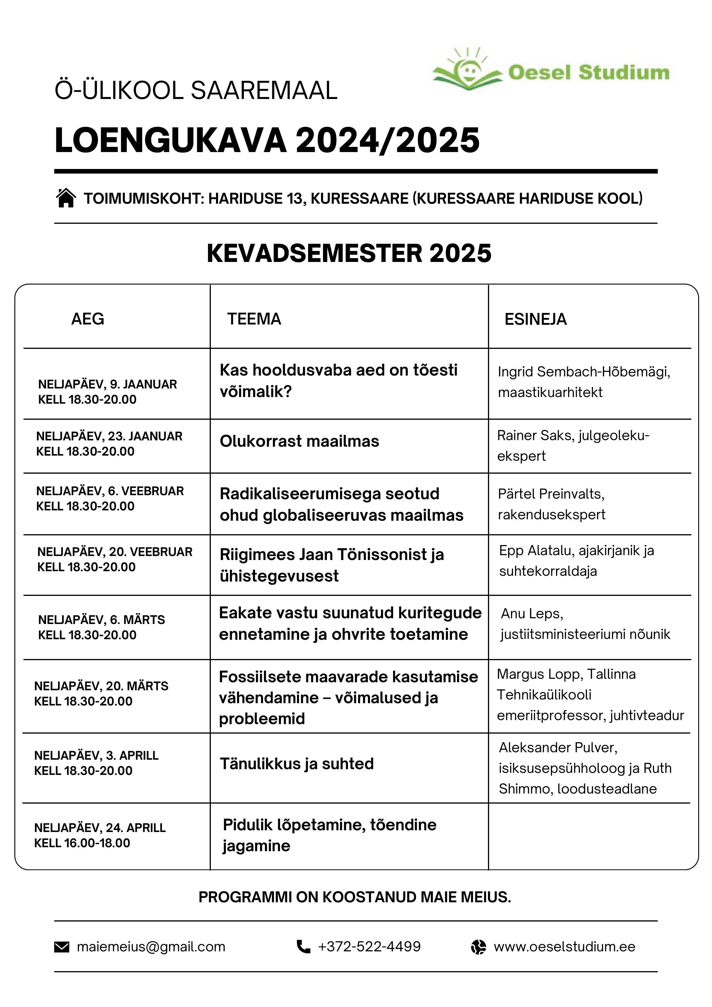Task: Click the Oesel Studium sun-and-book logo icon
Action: tap(467, 70)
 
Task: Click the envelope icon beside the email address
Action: tap(61, 947)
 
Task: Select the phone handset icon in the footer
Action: tap(304, 946)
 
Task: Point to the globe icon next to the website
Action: tap(478, 947)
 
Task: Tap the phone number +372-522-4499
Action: tap(369, 946)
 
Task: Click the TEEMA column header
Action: tap(254, 319)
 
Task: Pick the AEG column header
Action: tap(88, 319)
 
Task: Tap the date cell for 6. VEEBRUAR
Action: tap(110, 498)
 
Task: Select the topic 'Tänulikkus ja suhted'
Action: tap(297, 764)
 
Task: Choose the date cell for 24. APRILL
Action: tap(100, 835)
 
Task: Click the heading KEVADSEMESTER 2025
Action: tap(349, 254)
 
